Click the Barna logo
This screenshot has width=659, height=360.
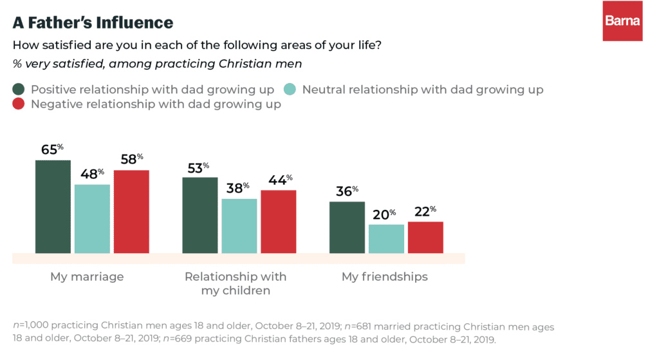pos(622,21)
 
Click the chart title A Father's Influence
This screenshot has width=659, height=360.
pos(93,23)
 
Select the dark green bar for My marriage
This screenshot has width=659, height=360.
pos(53,206)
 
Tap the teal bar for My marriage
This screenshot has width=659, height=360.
pos(92,218)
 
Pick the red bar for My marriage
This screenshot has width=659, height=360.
pos(131,211)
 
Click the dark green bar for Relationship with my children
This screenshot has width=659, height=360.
pos(200,215)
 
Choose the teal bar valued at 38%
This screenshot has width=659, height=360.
pos(239,225)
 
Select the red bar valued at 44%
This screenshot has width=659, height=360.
pos(278,222)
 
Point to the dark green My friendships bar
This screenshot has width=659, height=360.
pos(347,227)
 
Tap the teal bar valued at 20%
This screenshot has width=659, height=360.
pos(386,238)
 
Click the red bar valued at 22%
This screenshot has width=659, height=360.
pos(425,237)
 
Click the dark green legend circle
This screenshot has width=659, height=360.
pos(19,90)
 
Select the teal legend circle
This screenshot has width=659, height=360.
pos(290,90)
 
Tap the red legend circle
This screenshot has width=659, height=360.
pos(19,104)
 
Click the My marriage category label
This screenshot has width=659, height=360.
pos(87,277)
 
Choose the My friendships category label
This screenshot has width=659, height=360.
pos(384,277)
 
